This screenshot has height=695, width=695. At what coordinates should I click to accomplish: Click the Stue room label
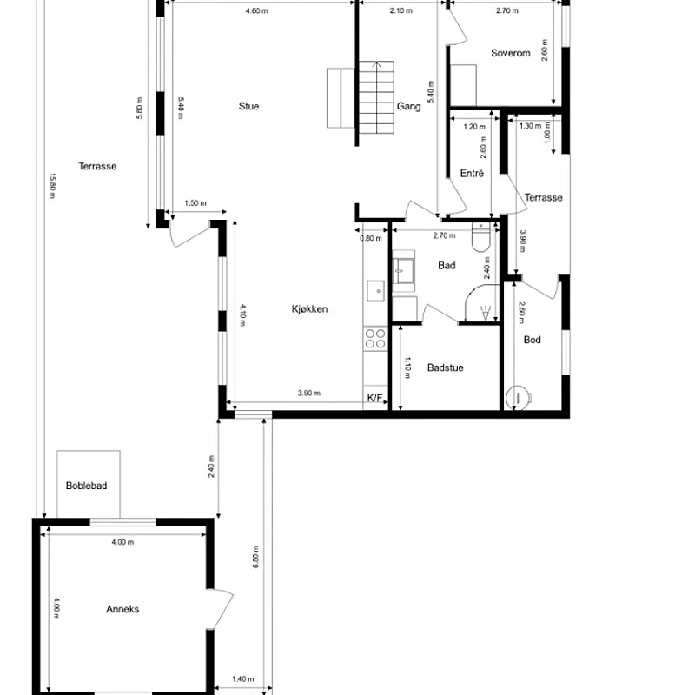pyautogui.click(x=249, y=107)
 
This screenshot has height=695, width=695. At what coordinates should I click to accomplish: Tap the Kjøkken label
pyautogui.click(x=309, y=308)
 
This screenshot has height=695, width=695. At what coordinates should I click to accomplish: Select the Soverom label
pyautogui.click(x=510, y=53)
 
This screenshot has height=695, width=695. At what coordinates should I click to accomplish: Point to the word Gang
pyautogui.click(x=408, y=107)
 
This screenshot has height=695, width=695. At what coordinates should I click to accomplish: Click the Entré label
pyautogui.click(x=471, y=174)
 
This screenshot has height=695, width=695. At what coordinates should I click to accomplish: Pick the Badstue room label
pyautogui.click(x=445, y=367)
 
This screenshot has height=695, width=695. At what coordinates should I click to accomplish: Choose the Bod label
pyautogui.click(x=532, y=340)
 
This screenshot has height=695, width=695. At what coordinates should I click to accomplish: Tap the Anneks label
pyautogui.click(x=122, y=609)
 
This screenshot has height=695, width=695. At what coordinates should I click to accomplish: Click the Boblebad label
pyautogui.click(x=87, y=486)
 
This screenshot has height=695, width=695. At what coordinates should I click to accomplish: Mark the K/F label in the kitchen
pyautogui.click(x=375, y=398)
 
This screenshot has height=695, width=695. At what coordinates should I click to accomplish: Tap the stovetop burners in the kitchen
pyautogui.click(x=375, y=338)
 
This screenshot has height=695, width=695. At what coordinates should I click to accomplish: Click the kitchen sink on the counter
pyautogui.click(x=375, y=289)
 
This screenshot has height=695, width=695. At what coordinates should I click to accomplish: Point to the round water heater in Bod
pyautogui.click(x=520, y=396)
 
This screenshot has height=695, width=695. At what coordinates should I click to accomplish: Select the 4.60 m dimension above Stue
pyautogui.click(x=257, y=11)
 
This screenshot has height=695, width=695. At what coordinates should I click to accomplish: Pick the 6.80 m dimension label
pyautogui.click(x=255, y=556)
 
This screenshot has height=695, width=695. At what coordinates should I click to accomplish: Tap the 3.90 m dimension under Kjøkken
pyautogui.click(x=309, y=394)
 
